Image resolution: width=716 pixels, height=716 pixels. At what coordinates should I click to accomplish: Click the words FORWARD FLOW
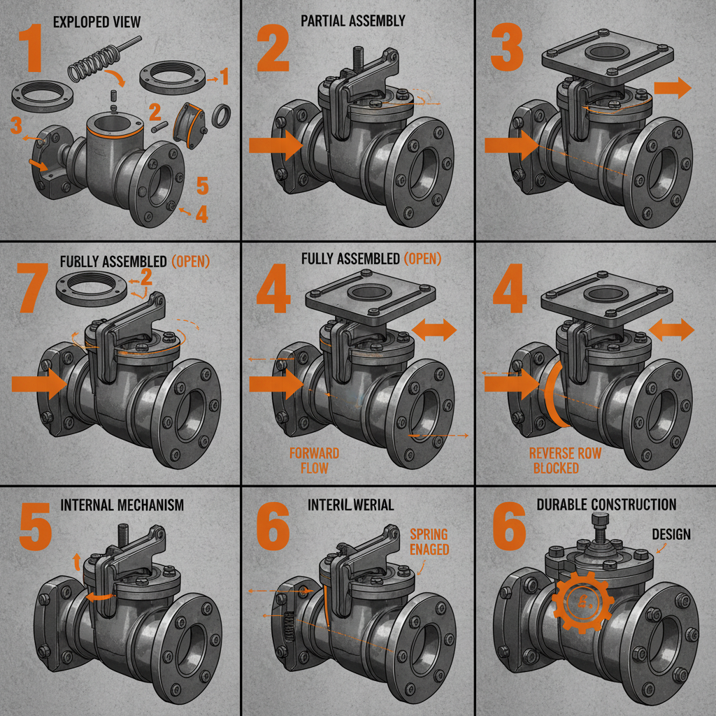[x=314, y=460]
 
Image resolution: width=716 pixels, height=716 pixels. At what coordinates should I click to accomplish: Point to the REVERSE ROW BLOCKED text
[x=565, y=461]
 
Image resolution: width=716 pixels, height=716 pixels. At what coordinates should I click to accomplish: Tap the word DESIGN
[x=671, y=534]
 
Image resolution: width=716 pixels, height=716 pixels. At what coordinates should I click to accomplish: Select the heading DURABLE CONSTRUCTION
[x=606, y=505]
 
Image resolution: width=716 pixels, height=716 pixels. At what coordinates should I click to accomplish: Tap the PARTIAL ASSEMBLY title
[x=352, y=21]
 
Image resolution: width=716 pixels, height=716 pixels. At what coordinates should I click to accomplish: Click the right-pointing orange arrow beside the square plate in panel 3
[x=672, y=88]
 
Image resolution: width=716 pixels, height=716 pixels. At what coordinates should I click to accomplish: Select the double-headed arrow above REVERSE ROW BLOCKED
[x=671, y=330]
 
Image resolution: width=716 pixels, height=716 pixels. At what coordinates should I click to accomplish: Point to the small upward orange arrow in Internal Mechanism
[x=76, y=560]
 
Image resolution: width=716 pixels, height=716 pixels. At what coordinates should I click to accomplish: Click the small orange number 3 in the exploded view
[x=15, y=127]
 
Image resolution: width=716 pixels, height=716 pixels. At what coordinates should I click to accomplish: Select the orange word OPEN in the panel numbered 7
[x=189, y=262]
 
